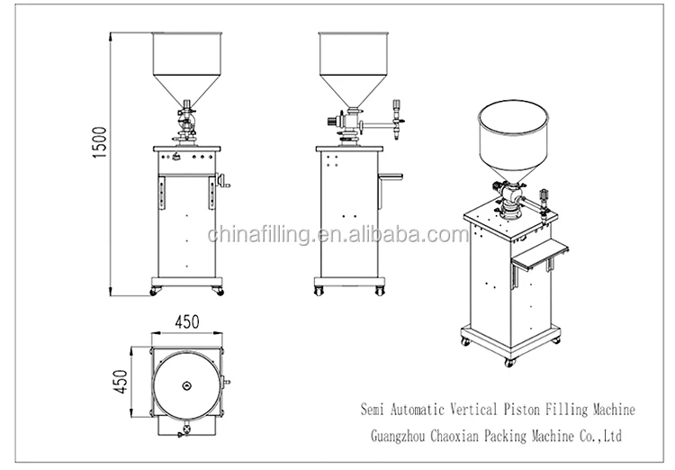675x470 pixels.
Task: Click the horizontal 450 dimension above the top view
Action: (x=187, y=322)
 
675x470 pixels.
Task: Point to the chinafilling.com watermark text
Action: (x=337, y=237)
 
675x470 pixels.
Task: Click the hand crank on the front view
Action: (x=226, y=186)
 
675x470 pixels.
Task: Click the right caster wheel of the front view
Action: (x=218, y=293)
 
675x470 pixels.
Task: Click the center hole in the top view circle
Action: (x=186, y=385)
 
